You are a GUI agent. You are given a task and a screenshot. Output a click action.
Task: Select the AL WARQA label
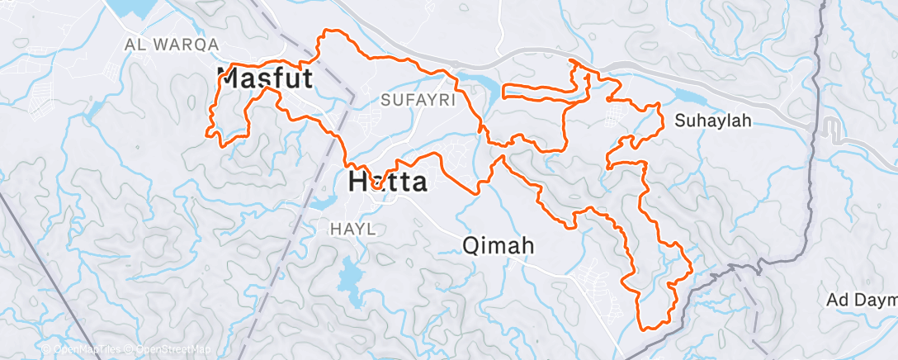pos(172,44)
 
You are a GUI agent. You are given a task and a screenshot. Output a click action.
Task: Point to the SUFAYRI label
pos(414,100)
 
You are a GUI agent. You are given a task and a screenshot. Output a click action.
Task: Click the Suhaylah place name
pos(713,121)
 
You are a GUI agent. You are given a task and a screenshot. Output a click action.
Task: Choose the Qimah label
pos(499,245)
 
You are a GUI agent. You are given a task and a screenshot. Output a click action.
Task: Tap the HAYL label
pos(352,229)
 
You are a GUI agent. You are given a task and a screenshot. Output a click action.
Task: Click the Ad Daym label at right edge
pos(862,299)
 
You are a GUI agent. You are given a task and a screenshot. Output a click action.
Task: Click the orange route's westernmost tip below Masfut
pos(206,130)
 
